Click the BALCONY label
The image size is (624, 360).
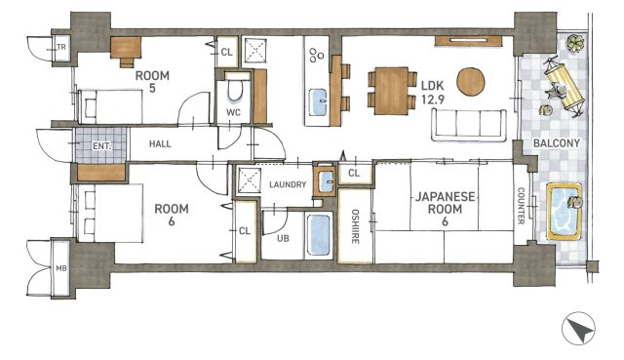(x=556, y=143)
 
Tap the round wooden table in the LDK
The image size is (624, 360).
(x=470, y=82)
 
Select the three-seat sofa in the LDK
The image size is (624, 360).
(x=469, y=125)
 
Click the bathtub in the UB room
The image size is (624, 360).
(x=320, y=235)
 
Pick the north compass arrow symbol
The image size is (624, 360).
(x=578, y=329)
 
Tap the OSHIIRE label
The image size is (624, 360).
(x=355, y=226)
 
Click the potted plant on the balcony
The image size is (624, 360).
(x=575, y=43)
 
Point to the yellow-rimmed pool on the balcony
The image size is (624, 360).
(x=564, y=212)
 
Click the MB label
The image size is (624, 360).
(x=60, y=268)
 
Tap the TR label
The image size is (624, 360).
(x=61, y=47)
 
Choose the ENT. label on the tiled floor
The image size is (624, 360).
(x=101, y=146)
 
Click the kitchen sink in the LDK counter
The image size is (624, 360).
(x=318, y=101)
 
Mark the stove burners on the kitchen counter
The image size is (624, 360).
(x=316, y=55)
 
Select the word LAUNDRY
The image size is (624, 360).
(x=288, y=184)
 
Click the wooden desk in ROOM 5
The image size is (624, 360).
(x=126, y=50)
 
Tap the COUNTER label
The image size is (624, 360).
(x=521, y=206)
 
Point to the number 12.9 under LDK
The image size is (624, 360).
(x=433, y=100)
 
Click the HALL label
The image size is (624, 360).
(x=160, y=143)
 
